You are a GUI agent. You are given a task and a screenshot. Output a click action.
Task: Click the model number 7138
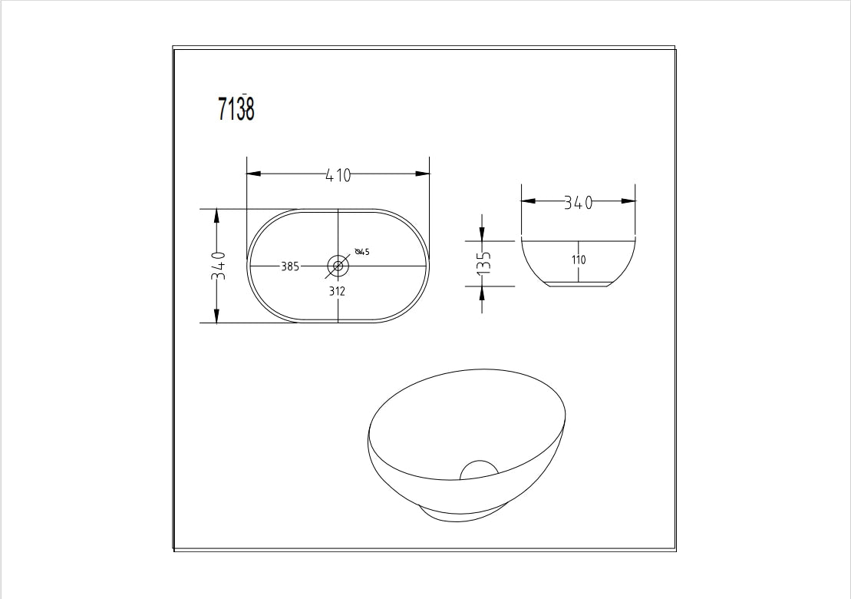coord(236,109)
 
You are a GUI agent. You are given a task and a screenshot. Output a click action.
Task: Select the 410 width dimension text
coord(338,175)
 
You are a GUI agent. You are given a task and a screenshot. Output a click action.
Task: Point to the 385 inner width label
coord(289,266)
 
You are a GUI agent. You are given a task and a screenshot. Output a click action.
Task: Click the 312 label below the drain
coord(337,291)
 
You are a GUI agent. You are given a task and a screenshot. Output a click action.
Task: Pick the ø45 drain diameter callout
coord(362,252)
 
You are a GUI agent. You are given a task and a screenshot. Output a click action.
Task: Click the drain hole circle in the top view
coord(338,266)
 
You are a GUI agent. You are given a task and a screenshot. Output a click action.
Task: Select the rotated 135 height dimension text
coord(483,263)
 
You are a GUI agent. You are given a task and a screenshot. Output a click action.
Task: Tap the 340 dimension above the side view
coord(578,203)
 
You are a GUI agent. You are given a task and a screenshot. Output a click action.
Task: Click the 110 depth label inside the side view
coord(578,260)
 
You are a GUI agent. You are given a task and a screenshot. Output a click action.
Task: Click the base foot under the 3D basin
coord(464,517)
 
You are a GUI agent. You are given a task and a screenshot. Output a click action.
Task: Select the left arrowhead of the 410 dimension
coord(254,174)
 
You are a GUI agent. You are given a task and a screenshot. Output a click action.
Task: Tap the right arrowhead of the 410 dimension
coord(422,174)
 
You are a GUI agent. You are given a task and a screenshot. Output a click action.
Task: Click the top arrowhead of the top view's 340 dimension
coord(217,216)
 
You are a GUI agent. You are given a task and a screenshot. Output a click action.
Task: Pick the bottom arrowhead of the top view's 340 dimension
coord(217,315)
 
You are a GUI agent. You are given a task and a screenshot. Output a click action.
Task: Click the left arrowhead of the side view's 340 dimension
coord(529,201)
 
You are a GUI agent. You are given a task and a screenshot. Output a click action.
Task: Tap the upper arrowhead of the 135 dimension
coord(482,233)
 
